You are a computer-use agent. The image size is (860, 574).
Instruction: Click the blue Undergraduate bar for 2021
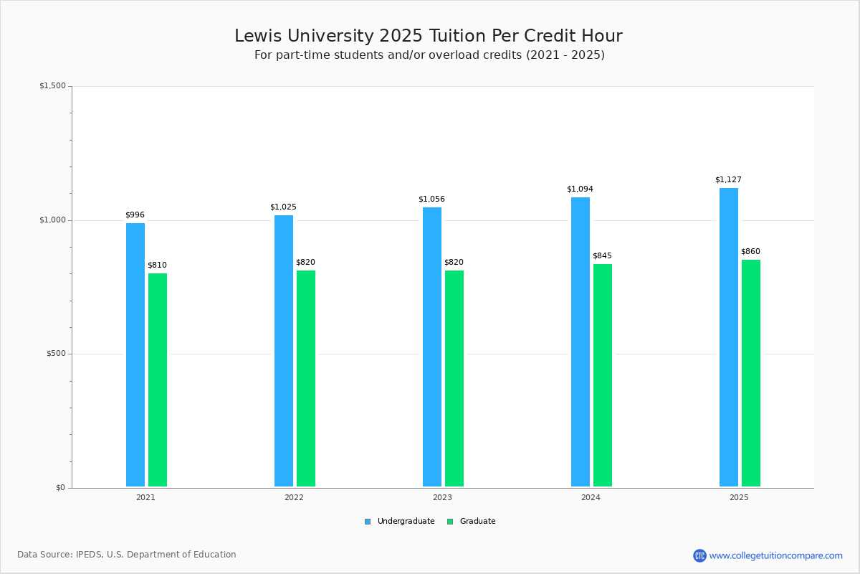click(x=135, y=355)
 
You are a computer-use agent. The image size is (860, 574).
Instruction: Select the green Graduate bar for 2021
click(x=158, y=380)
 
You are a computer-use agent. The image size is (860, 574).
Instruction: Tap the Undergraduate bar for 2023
click(x=432, y=347)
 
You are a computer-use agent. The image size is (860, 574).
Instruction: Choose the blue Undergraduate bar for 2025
click(x=729, y=337)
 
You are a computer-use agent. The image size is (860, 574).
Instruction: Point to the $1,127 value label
click(x=728, y=180)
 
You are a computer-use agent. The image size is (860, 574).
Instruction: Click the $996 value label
click(x=135, y=215)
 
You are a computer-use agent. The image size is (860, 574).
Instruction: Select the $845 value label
click(x=602, y=256)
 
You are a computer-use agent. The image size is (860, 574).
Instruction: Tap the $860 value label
click(x=750, y=252)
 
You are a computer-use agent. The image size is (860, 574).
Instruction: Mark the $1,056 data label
click(x=431, y=199)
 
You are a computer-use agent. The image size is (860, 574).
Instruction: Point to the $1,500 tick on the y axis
click(x=52, y=86)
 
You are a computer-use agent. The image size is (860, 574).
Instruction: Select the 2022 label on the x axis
click(x=294, y=497)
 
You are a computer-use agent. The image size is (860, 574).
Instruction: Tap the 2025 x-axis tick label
click(x=739, y=497)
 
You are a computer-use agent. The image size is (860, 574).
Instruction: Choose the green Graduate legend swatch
click(x=450, y=522)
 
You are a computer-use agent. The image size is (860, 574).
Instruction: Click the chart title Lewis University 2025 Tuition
click(x=429, y=37)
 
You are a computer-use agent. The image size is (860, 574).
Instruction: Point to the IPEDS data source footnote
click(x=127, y=555)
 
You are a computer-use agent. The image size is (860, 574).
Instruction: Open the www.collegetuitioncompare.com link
click(x=775, y=555)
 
